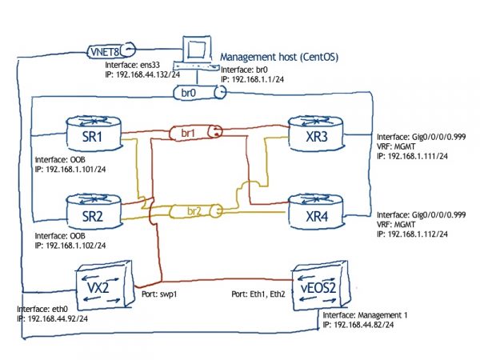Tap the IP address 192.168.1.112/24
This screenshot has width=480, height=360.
click(414, 235)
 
